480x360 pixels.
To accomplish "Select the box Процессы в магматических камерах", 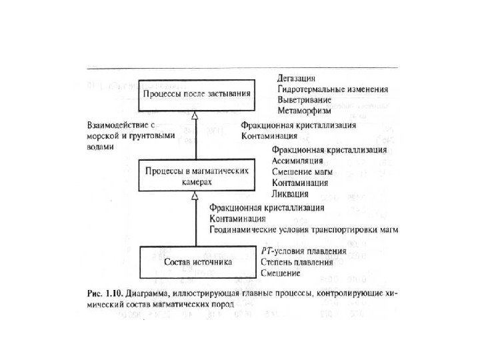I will (197, 175).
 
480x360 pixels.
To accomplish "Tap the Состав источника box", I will (197, 262).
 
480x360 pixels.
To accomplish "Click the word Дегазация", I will (297, 78).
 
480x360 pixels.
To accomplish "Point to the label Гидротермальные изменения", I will (333, 89).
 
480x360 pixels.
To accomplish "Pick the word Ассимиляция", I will (298, 161).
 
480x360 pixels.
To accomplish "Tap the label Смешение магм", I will (299, 171).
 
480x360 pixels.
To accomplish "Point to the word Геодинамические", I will (242, 230).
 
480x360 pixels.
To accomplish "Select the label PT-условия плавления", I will (303, 252).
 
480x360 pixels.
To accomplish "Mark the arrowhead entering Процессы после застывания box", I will (195, 116).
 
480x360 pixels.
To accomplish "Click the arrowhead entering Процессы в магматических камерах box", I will (195, 195).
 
